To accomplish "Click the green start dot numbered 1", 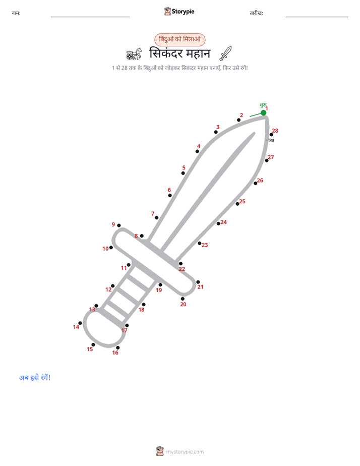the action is point(264,112).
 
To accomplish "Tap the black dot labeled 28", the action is point(271,135).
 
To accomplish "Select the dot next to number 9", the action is point(119,225).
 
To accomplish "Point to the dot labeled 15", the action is point(93,345).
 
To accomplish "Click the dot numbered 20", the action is point(183,299).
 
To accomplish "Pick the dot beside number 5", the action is point(183,173).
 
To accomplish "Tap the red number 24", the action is point(224,222).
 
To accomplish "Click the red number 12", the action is point(108,289).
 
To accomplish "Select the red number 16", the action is point(115,353).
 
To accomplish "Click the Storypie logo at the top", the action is point(179,11).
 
